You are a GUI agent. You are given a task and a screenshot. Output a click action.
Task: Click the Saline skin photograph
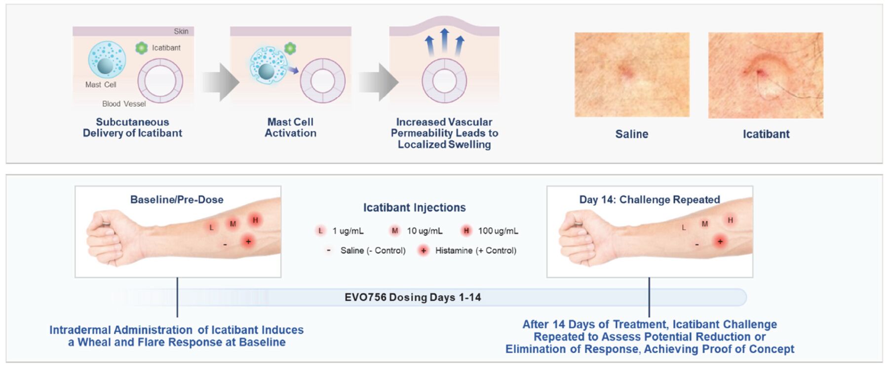[x=632, y=75]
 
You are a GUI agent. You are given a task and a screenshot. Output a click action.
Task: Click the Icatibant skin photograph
[x=766, y=75]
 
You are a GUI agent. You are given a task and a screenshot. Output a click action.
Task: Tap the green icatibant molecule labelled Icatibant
[x=142, y=48]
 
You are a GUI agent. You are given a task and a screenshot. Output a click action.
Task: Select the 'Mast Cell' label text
[x=101, y=84]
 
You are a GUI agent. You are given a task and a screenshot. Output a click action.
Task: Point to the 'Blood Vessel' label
[x=124, y=104]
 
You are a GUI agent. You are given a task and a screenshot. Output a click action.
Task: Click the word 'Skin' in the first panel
[x=181, y=31]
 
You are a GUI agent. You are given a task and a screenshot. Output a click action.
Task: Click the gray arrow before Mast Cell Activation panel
[x=221, y=82]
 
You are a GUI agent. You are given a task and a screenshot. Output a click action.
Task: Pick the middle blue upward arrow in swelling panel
[x=445, y=41]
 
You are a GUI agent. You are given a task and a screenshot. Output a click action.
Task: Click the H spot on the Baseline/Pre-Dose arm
[x=255, y=220]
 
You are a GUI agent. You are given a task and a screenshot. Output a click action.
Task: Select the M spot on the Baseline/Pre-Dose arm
[x=233, y=224]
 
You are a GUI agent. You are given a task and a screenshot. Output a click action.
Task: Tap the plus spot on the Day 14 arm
[x=720, y=242]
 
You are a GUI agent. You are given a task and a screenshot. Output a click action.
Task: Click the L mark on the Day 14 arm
[x=684, y=228]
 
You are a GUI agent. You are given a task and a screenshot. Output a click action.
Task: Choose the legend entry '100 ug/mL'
[x=488, y=231]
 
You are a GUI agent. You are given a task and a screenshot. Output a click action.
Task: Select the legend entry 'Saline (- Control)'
[x=366, y=250]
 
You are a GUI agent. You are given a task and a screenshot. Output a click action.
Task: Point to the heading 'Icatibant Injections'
[x=414, y=207]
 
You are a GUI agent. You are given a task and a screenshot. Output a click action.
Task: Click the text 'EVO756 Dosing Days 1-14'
[x=413, y=297]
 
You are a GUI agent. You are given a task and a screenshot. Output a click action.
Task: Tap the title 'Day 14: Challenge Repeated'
[x=650, y=200]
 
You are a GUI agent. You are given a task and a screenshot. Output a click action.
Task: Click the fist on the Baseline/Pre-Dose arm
[x=108, y=238]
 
